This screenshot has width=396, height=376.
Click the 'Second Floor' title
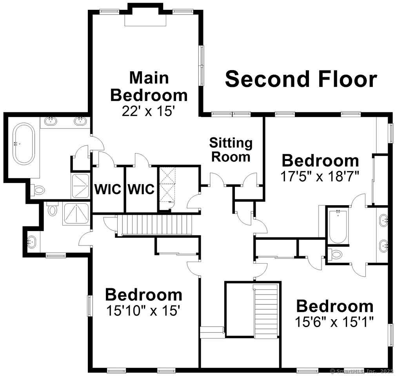tap(301, 79)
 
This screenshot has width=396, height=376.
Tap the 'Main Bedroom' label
tap(149, 86)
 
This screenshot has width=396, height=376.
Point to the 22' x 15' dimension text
tap(148, 110)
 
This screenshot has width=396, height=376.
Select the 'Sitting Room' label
tap(231, 150)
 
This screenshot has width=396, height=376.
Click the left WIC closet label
tap(107, 190)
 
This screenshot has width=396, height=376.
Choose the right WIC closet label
tap(141, 190)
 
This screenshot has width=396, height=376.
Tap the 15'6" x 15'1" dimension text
tap(334, 322)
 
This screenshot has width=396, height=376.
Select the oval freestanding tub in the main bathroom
tap(24, 144)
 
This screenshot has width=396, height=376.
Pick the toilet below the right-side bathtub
tap(336, 255)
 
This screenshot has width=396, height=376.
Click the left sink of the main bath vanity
tap(51, 121)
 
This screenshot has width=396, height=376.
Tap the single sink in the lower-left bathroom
tap(31, 242)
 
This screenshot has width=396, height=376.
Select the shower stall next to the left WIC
tap(81, 186)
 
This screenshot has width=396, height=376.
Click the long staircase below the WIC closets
tap(156, 225)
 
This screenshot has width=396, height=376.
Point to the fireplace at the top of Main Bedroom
tap(145, 20)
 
